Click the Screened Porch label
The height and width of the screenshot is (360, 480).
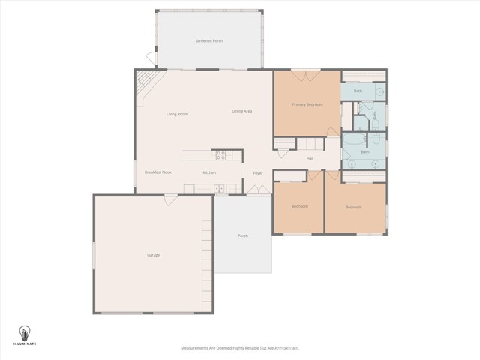[209, 41]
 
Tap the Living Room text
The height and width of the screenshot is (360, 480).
[177, 114]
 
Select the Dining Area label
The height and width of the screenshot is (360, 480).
[241, 111]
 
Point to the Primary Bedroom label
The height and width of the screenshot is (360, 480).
[307, 104]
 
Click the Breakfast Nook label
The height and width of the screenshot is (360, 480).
[158, 172]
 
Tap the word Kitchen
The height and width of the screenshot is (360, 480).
[209, 173]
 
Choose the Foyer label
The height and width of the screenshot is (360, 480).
[257, 173]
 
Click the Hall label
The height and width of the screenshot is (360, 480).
[310, 159]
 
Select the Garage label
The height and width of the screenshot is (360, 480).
[153, 255]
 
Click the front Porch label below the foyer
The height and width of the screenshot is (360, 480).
[243, 235]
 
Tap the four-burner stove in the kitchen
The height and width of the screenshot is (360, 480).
[221, 155]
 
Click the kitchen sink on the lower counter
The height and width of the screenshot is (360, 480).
[218, 188]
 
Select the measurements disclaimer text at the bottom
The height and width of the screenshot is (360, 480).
[240, 348]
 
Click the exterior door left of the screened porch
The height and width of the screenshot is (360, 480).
[150, 58]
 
